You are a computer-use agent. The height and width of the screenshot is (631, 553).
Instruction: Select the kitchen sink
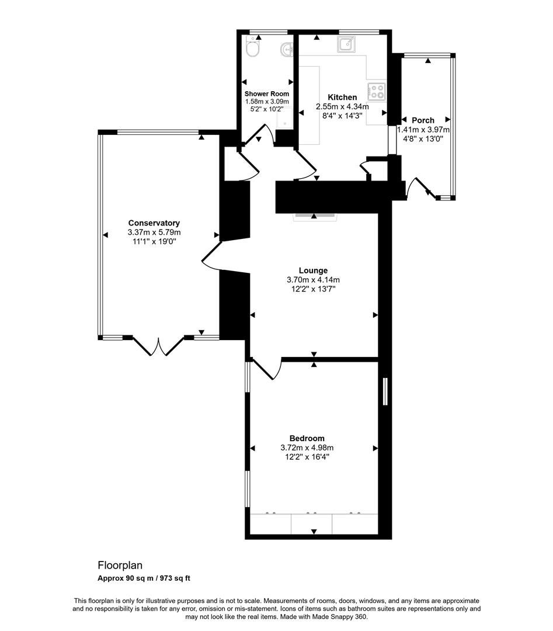click(x=345, y=44)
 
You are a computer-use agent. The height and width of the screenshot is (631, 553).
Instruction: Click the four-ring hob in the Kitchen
click(x=377, y=91)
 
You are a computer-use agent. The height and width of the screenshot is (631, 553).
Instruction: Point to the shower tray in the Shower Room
click(x=284, y=120)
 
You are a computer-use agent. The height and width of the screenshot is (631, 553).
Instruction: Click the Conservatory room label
click(x=154, y=223)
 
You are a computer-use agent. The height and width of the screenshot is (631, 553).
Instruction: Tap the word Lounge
click(x=313, y=271)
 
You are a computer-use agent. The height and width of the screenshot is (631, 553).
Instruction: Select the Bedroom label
click(x=307, y=438)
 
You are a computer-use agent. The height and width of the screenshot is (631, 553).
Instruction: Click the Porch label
click(x=423, y=120)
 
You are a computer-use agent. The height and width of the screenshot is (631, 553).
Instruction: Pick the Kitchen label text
click(x=342, y=97)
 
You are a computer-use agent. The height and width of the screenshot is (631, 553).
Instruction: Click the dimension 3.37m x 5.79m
click(x=154, y=232)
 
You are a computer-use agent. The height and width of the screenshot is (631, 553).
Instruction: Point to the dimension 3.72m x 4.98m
click(x=307, y=448)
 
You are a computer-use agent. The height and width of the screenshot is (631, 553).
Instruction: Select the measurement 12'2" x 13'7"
click(x=313, y=289)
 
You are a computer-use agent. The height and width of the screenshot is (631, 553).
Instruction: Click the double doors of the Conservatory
click(x=159, y=346)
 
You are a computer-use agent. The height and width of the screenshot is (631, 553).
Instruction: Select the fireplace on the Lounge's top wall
click(x=315, y=214)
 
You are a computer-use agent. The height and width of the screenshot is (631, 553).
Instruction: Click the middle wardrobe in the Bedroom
click(x=311, y=523)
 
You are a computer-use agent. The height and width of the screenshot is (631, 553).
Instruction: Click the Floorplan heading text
click(x=120, y=566)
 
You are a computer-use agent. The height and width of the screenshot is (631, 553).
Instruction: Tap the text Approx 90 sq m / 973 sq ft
click(x=144, y=578)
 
